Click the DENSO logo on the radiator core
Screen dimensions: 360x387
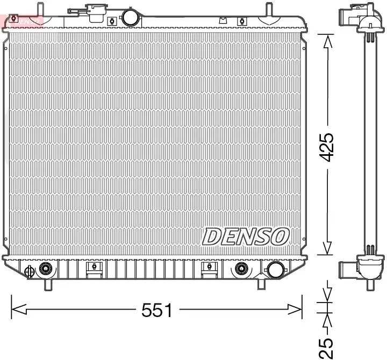[246, 236]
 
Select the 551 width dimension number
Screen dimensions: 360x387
[157, 310]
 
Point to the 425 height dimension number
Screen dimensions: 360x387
[327, 146]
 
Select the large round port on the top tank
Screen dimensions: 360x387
[130, 17]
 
